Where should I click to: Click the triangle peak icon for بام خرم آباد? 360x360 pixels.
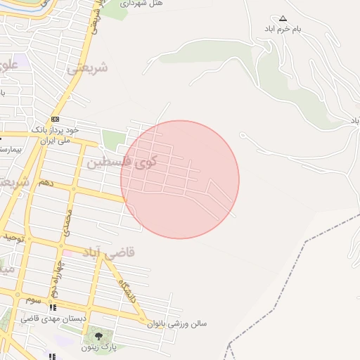point(283,18)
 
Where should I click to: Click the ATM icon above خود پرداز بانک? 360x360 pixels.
point(55,119)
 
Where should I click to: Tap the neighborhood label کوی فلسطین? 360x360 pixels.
point(121,162)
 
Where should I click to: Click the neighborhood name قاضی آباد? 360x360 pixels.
point(109,251)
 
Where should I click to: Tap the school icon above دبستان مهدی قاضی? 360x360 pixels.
point(52,307)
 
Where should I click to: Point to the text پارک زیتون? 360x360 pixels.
point(98,347)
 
